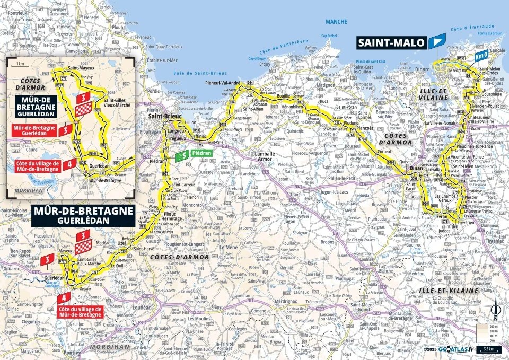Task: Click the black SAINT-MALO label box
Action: [391, 42]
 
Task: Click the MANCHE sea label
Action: [337, 22]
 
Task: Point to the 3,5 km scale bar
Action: [490, 349]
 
